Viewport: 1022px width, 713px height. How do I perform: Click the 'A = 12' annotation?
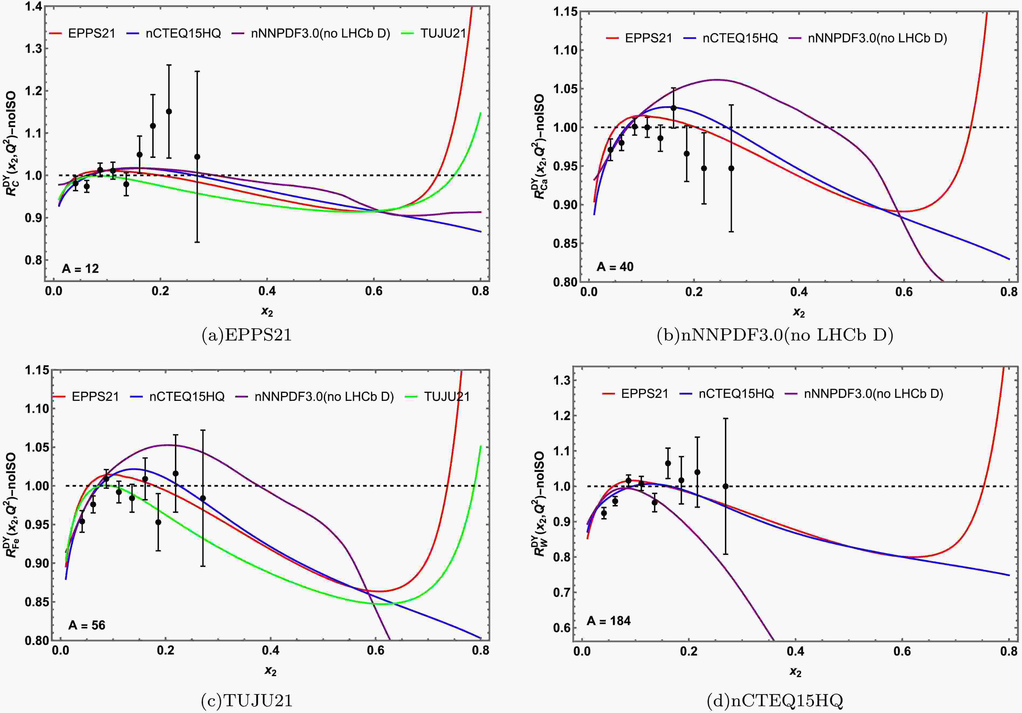[80, 268]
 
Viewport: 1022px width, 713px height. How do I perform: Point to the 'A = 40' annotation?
[615, 267]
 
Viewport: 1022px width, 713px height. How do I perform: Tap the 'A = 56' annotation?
[87, 625]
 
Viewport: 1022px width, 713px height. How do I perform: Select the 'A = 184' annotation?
[608, 621]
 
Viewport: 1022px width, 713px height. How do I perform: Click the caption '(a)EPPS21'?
[247, 335]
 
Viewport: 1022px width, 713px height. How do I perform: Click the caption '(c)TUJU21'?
[247, 701]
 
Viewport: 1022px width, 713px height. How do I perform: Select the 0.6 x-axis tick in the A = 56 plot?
[376, 651]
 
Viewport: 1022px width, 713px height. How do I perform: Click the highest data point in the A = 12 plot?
[169, 111]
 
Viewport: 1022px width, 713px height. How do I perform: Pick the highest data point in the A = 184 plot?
[668, 463]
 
